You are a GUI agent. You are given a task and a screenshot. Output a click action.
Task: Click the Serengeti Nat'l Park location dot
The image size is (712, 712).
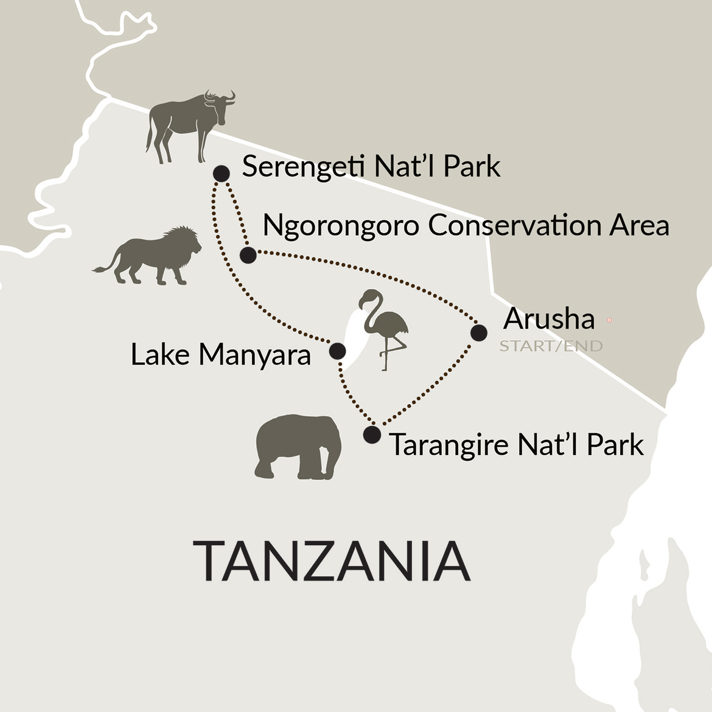221,173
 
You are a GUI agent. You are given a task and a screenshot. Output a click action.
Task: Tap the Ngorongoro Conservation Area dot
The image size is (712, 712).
248,255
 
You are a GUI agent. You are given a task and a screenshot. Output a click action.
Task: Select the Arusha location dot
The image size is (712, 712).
479,333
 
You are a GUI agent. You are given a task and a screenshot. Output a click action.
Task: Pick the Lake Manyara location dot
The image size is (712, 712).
337,351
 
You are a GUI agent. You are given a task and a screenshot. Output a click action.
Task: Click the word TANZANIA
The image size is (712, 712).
332,560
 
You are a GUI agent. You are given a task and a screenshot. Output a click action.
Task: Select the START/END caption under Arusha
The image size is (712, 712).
551,346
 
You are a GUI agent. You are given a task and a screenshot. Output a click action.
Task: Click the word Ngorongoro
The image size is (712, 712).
341,226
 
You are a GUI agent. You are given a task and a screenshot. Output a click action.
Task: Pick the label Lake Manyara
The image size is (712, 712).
221,355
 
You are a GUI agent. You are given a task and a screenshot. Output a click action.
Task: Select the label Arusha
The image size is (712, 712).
549,319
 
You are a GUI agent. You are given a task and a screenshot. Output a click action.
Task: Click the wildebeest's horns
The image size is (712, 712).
220,96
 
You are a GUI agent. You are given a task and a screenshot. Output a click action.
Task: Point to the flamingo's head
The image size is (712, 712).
368,298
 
